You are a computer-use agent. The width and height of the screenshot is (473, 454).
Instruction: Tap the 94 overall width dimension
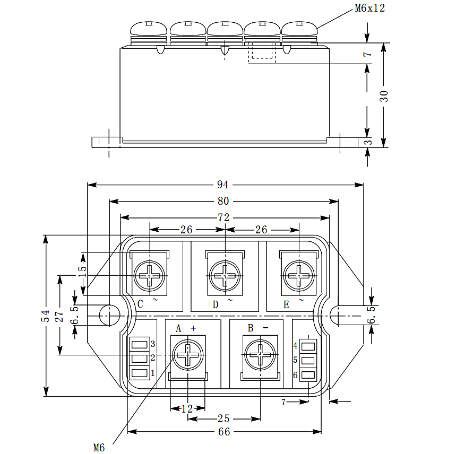pos(223,185)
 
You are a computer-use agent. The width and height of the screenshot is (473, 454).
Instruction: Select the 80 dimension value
pos(223,201)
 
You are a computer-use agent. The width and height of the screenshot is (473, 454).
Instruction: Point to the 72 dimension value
pos(223,217)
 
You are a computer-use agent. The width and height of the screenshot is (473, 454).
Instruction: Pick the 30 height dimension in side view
pos(384,96)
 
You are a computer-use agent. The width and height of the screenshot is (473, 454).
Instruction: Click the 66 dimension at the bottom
pos(224,432)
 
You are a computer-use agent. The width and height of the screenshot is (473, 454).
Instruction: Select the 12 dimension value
pos(187,408)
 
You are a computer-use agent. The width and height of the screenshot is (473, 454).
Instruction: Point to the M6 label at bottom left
pos(99,448)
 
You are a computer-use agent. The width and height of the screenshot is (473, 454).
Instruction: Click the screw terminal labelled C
pos(150,276)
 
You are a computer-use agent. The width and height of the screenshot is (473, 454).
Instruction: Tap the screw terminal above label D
pos(225,276)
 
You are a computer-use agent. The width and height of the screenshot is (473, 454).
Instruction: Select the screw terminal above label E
pos(299,276)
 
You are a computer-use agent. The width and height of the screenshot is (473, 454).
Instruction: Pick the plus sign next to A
pos(193,328)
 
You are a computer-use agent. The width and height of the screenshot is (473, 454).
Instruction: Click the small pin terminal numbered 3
pos(140,344)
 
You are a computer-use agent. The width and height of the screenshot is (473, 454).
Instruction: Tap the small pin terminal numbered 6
pos(308,375)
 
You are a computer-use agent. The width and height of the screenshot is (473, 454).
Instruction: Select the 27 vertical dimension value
pos(59,316)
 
